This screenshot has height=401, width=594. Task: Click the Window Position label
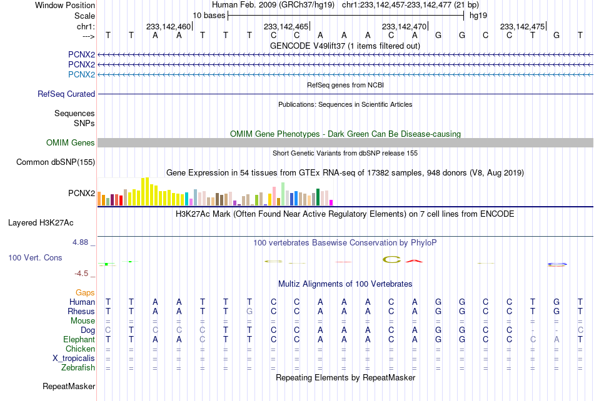pos(65,5)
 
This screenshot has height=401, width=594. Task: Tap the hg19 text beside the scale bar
pos(478,16)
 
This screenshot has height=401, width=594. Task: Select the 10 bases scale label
pos(209,16)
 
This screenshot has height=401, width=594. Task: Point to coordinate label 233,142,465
pos(286,26)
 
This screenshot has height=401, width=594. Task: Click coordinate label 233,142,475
pos(522,26)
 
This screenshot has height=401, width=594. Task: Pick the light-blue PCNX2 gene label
pos(81,74)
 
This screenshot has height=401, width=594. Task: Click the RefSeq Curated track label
pos(66,94)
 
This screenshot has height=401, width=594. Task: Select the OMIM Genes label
pos(71,142)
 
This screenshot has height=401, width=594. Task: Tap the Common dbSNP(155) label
pos(56,162)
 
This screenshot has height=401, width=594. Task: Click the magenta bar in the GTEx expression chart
pos(331,203)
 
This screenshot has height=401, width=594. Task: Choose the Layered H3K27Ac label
pos(41,223)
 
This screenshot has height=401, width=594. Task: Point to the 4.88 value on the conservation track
pos(80,242)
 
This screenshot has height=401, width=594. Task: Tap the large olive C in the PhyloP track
pos(391,259)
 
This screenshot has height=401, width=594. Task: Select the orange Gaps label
pos(85,292)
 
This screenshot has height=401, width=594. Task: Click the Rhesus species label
pos(81,311)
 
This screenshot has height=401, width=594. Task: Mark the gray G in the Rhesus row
pos(249,311)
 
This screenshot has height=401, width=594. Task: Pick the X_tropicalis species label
pos(74,359)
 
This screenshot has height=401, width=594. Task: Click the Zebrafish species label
pos(78,367)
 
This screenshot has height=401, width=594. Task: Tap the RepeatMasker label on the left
pos(69,386)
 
